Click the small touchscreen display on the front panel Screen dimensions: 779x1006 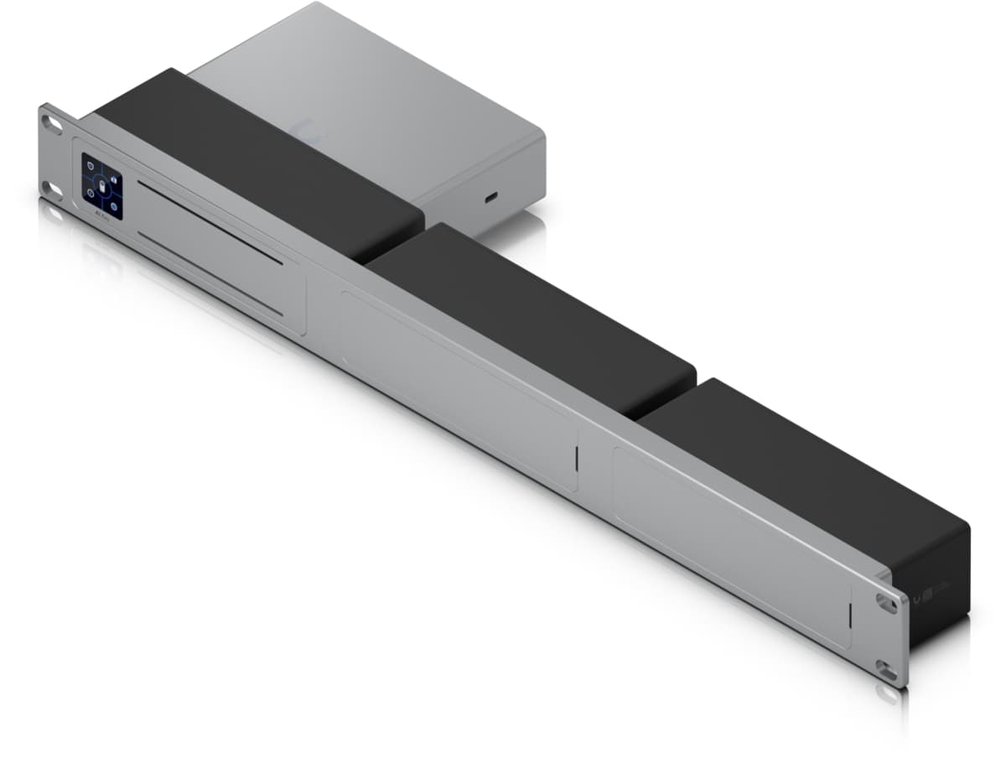pyautogui.click(x=101, y=186)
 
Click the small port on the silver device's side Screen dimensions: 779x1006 pyautogui.click(x=490, y=198)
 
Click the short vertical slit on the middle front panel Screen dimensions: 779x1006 pyautogui.click(x=576, y=458)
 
